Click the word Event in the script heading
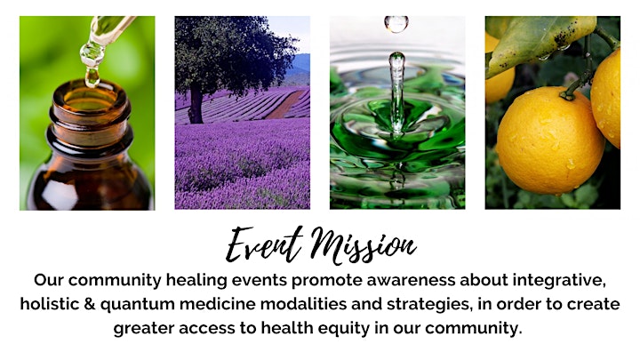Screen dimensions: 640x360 point(264,244)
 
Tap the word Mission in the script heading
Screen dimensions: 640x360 point(363,245)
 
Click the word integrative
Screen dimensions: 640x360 point(559,281)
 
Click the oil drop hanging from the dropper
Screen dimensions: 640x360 point(92,76)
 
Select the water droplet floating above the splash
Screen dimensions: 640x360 point(396,24)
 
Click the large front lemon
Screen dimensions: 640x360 point(550,140)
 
